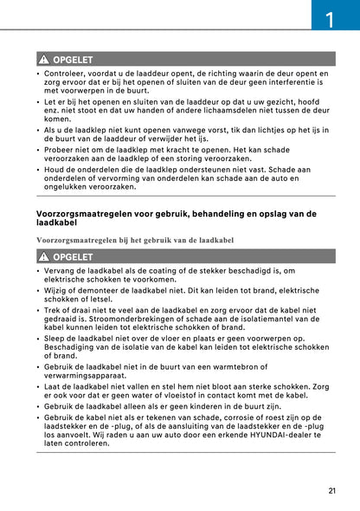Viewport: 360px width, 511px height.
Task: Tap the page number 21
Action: (332, 491)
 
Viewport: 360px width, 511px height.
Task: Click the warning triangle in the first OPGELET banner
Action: (42, 60)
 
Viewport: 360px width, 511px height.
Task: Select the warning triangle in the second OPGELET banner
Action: (42, 256)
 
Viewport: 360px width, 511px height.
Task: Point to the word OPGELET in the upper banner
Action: (73, 60)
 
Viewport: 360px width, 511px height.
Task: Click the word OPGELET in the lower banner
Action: (73, 256)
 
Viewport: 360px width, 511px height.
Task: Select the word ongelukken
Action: (68, 186)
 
